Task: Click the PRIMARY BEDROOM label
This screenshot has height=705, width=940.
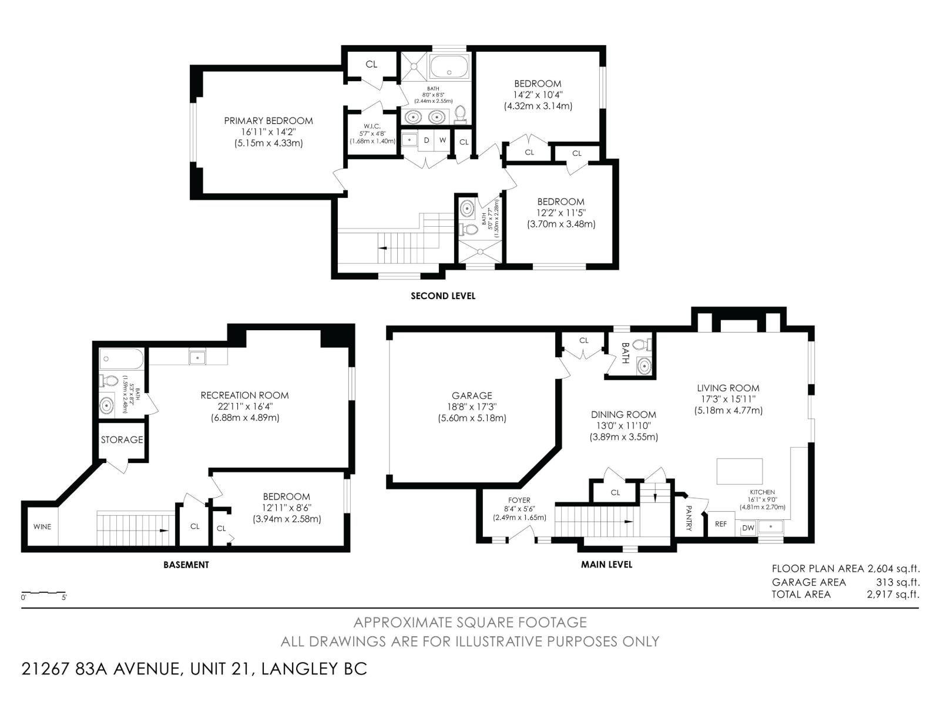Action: (x=268, y=121)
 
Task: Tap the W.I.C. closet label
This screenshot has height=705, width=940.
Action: (x=372, y=126)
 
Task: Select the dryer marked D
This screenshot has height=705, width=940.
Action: (x=427, y=140)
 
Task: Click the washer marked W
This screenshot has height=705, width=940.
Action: (x=442, y=140)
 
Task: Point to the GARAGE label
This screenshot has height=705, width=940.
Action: (x=472, y=396)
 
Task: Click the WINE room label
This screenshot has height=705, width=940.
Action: (x=42, y=526)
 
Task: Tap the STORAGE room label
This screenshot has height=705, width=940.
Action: (x=122, y=439)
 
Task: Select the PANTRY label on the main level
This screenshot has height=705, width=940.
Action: (x=689, y=519)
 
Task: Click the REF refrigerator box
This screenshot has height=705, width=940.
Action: (x=721, y=523)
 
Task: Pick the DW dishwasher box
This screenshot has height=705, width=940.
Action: (x=748, y=528)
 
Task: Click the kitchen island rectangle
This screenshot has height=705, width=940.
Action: (x=740, y=471)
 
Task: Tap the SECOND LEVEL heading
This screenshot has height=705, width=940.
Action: (x=442, y=296)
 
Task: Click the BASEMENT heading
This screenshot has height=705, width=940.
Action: (x=186, y=565)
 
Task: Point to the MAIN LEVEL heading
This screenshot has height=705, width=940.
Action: (x=606, y=565)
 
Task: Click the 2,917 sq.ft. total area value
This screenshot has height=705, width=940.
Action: (x=892, y=595)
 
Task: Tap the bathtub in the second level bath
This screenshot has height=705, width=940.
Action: (x=449, y=66)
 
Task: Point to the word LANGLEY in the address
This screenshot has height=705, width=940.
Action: (x=297, y=669)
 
